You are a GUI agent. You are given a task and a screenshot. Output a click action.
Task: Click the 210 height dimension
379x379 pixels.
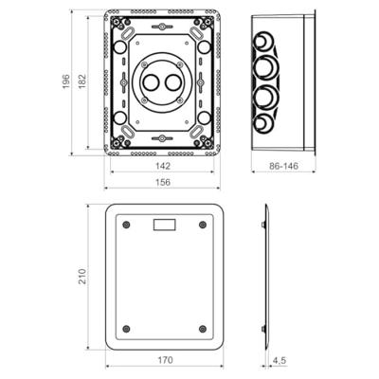pos(82,276)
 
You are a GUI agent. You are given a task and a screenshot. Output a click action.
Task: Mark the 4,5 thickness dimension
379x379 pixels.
pos(281,360)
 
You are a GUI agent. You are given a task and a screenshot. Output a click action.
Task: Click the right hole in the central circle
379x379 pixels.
pos(176,82)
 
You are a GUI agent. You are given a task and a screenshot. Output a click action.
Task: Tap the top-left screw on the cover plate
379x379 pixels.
pos(126,225)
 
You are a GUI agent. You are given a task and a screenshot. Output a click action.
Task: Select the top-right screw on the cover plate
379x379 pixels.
pos(204,225)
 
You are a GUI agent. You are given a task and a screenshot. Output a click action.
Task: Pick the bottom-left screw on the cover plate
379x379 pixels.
pos(126,328)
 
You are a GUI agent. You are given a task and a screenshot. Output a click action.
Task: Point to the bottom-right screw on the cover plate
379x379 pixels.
pos(204,328)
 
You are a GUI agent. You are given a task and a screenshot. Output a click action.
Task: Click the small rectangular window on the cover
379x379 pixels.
pos(165,226)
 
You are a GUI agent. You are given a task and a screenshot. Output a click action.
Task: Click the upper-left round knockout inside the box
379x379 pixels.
pos(120,45)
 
